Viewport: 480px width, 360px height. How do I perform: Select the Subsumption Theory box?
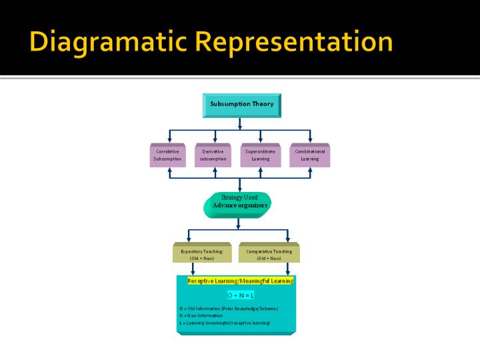(241, 105)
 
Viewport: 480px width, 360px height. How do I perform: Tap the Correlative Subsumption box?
(167, 155)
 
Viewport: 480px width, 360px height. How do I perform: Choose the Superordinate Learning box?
(260, 155)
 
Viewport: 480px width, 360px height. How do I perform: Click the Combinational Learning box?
(310, 155)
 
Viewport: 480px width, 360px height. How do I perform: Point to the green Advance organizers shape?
(239, 205)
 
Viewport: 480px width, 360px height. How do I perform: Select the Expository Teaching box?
(202, 254)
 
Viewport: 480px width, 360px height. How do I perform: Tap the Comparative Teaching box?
(269, 254)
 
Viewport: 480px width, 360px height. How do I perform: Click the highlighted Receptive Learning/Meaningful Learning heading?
(240, 281)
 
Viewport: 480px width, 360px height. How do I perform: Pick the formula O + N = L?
(241, 295)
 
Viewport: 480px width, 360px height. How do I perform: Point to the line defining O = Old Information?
(229, 309)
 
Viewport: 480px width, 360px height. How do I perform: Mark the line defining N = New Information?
(206, 315)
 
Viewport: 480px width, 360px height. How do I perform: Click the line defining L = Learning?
(224, 323)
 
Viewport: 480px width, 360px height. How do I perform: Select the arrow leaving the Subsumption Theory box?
(240, 123)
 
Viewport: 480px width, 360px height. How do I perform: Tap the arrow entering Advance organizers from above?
(240, 186)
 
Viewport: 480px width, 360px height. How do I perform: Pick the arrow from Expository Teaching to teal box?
(193, 269)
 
